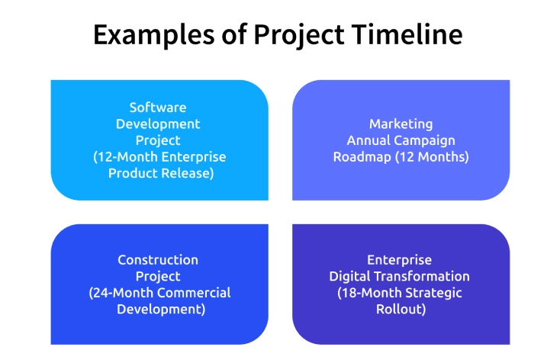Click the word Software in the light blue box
[x=158, y=108]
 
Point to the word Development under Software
[x=158, y=124]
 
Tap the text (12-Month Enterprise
[x=159, y=156]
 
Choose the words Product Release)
[x=160, y=173]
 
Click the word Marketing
[x=401, y=124]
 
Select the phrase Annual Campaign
[x=401, y=140]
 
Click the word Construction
[x=158, y=260]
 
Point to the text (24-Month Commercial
[x=159, y=293]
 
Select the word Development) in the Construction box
[x=160, y=310]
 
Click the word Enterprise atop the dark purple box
[x=401, y=260]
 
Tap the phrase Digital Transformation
[x=400, y=276]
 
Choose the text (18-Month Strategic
[x=400, y=293]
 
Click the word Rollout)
[x=401, y=310]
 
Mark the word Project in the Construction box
[x=158, y=276]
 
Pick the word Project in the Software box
[x=158, y=140]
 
